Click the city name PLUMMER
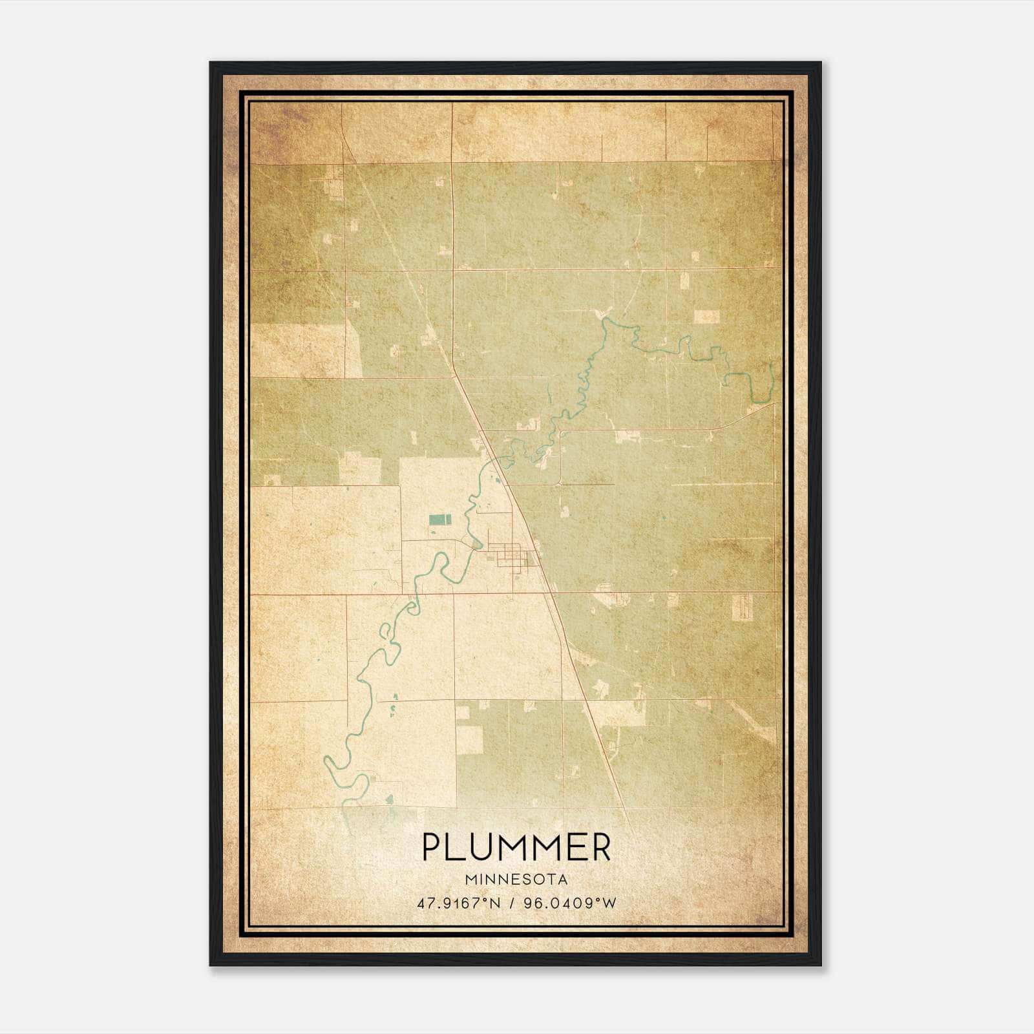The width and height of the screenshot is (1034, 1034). tap(516, 847)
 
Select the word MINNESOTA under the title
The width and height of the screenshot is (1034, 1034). tap(516, 880)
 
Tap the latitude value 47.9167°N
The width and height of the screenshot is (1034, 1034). tap(459, 903)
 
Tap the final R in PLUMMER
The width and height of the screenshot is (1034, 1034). tap(600, 847)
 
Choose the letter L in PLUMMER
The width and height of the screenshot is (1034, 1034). tap(456, 847)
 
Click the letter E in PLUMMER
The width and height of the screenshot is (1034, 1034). tap(575, 847)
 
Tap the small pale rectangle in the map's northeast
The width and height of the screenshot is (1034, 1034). tap(706, 317)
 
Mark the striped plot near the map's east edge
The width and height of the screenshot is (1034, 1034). tap(743, 606)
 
